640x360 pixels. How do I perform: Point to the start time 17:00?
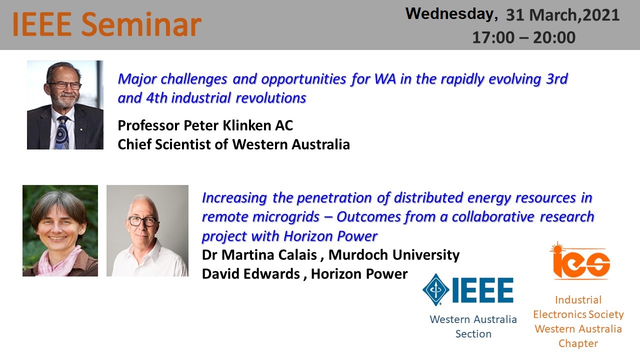[493, 37]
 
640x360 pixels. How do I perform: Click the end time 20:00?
[554, 37]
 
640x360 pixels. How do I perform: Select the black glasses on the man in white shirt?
[142, 221]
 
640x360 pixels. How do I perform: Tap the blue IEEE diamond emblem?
[435, 289]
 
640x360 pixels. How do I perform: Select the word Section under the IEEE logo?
[473, 333]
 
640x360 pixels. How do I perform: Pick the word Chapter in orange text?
[578, 343]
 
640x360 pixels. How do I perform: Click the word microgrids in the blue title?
[285, 216]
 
